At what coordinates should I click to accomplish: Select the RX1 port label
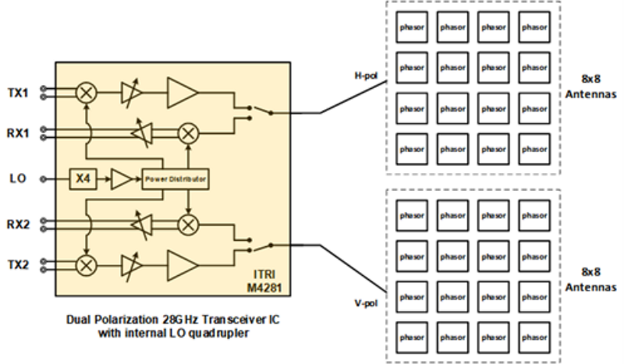coord(18,133)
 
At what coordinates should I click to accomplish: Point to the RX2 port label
coord(18,224)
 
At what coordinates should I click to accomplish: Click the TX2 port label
coord(18,265)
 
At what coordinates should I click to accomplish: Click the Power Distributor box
coord(175,179)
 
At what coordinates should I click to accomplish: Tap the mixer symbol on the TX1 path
coord(87,92)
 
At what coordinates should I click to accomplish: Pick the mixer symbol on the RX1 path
coord(187,133)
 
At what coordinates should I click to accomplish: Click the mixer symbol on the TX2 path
coord(87,265)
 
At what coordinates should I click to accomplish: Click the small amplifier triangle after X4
coord(121,178)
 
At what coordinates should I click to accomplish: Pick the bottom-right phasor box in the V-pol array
coord(536,337)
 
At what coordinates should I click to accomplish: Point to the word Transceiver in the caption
coord(210,322)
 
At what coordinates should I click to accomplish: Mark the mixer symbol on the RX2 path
coord(187,224)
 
